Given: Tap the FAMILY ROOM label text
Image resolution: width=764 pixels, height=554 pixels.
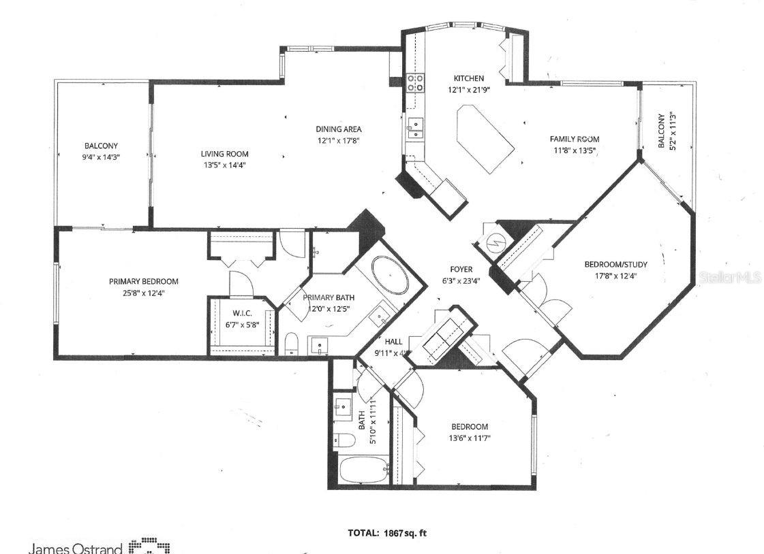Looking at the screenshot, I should [x=574, y=139].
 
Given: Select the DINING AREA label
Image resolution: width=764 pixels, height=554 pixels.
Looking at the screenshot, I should [x=338, y=129].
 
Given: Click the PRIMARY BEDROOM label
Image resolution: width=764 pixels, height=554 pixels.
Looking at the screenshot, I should [x=144, y=281].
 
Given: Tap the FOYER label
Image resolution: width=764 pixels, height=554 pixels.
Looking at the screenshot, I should [x=461, y=269].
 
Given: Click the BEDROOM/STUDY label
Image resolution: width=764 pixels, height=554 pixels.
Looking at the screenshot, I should [x=615, y=264].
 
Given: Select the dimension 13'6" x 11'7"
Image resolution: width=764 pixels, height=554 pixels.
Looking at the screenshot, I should [x=469, y=438].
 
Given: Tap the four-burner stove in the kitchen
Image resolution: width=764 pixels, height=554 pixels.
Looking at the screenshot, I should [x=415, y=83].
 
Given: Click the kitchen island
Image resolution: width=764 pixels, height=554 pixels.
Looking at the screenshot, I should [x=486, y=138].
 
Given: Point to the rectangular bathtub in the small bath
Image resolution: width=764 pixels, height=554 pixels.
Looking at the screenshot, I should [x=362, y=470].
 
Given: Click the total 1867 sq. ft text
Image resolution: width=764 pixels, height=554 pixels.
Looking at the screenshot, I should [x=386, y=533].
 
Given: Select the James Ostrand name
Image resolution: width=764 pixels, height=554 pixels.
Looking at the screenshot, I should [x=75, y=547].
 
